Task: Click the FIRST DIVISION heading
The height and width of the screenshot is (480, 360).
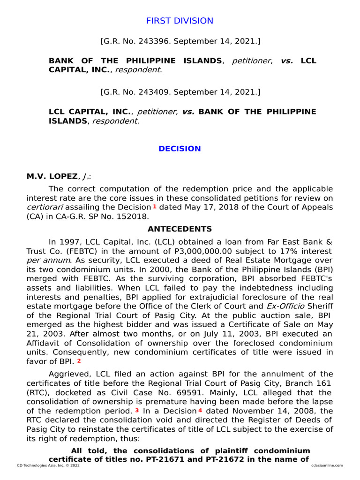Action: pos(180,21)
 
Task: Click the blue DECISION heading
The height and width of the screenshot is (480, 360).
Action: pos(180,149)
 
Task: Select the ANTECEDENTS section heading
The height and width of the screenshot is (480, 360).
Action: pos(180,229)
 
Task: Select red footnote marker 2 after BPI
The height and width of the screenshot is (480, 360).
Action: pos(79,361)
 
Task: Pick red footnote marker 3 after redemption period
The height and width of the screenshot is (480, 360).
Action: pos(137,410)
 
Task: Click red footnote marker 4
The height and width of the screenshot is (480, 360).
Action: pos(200,410)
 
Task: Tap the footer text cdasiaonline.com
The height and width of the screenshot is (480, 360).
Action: pos(327,465)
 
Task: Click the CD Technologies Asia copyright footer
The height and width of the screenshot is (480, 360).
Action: pos(48,465)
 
